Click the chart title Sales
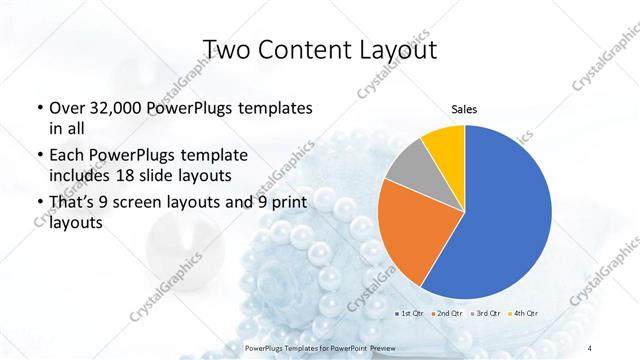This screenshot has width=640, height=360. click(465, 108)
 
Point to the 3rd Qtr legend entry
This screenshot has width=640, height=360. click(487, 315)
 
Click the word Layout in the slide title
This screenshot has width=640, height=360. click(402, 51)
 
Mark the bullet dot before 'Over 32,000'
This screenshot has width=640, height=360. click(38, 108)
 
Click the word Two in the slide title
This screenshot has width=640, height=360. click(227, 51)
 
